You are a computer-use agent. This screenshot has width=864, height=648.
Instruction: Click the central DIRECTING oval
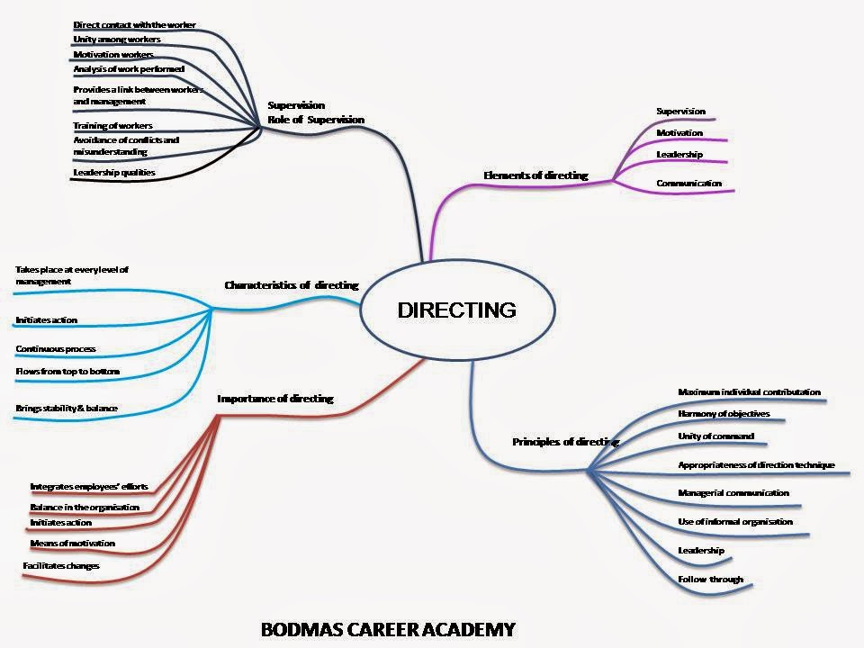[x=456, y=310]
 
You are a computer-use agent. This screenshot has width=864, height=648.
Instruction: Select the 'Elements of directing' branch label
[x=535, y=175]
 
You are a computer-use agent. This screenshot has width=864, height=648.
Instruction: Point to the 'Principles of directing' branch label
[x=565, y=442]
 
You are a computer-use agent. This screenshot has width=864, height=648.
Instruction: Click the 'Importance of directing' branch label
[x=275, y=399]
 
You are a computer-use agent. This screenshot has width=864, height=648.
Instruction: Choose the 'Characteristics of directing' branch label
[x=291, y=285]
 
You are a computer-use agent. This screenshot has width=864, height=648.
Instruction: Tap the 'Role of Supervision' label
[x=316, y=120]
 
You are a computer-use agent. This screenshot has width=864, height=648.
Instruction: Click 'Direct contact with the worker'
[x=134, y=24]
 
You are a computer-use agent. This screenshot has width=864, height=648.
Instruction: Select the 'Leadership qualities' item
[x=114, y=172]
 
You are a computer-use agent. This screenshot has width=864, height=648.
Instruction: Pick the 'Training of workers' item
[x=112, y=125]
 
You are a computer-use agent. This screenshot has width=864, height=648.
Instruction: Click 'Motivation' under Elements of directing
[x=679, y=133]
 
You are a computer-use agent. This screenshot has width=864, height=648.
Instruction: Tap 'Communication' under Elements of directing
[x=688, y=184]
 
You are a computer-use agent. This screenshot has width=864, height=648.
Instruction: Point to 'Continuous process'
[x=56, y=348]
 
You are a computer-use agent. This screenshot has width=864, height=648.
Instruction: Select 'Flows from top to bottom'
[x=67, y=371]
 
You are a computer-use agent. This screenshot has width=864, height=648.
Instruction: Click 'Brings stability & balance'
[x=67, y=409]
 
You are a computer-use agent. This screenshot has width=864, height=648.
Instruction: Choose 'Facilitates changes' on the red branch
[x=61, y=565]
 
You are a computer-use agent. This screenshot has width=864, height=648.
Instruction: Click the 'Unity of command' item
[x=715, y=436]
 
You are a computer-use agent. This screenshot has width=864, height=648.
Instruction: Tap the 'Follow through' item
[x=710, y=580]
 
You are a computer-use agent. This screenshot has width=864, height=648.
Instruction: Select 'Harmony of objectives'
[x=723, y=414]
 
